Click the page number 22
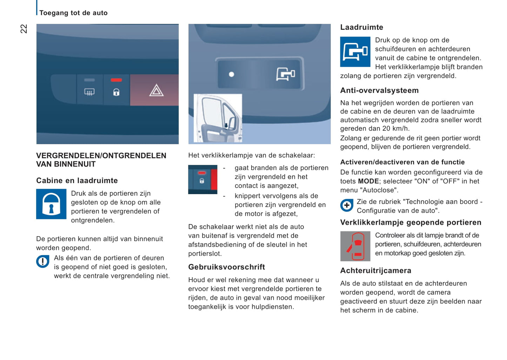pyautogui.click(x=24, y=29)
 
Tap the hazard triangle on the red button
pyautogui.click(x=156, y=91)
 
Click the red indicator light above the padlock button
pyautogui.click(x=116, y=80)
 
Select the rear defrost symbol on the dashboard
pyautogui.click(x=89, y=92)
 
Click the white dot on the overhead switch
pyautogui.click(x=232, y=74)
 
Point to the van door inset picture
pyautogui.click(x=218, y=118)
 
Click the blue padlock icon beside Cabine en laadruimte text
pyautogui.click(x=51, y=204)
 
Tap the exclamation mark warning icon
pyautogui.click(x=43, y=261)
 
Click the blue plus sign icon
pyautogui.click(x=347, y=205)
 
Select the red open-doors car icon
pyautogui.click(x=355, y=246)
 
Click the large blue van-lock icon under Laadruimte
pyautogui.click(x=355, y=52)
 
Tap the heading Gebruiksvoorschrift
pyautogui.click(x=226, y=267)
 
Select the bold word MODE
pyautogui.click(x=368, y=181)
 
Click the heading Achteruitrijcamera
pyautogui.click(x=375, y=271)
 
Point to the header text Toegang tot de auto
pyautogui.click(x=73, y=13)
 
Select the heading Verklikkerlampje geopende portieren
pyautogui.click(x=411, y=222)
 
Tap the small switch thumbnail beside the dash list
pyautogui.click(x=203, y=179)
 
